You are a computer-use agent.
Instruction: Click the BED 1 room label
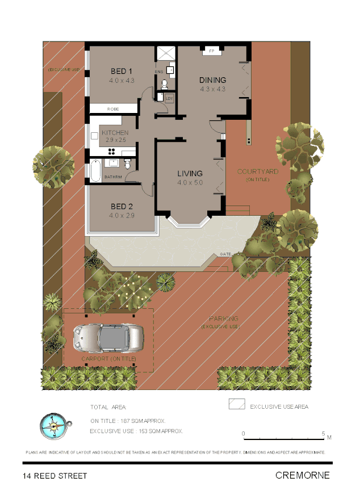click(x=122, y=71)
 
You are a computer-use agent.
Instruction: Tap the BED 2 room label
click(x=122, y=206)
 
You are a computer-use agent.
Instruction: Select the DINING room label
click(x=212, y=80)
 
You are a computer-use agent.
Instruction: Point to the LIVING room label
click(x=190, y=173)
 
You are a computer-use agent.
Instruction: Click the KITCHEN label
click(x=115, y=133)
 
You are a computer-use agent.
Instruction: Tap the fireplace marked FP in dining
click(x=212, y=51)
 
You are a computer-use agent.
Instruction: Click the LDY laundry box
click(x=169, y=98)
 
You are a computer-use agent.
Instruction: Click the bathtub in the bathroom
click(x=95, y=170)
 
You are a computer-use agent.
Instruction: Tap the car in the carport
click(x=107, y=338)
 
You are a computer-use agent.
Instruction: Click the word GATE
click(x=225, y=254)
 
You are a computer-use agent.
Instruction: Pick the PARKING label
click(x=223, y=318)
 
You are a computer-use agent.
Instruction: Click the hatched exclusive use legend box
click(x=237, y=405)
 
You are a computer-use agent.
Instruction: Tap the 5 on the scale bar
click(x=324, y=434)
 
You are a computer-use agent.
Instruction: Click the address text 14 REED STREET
click(x=55, y=476)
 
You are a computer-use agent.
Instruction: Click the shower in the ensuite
click(x=166, y=52)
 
